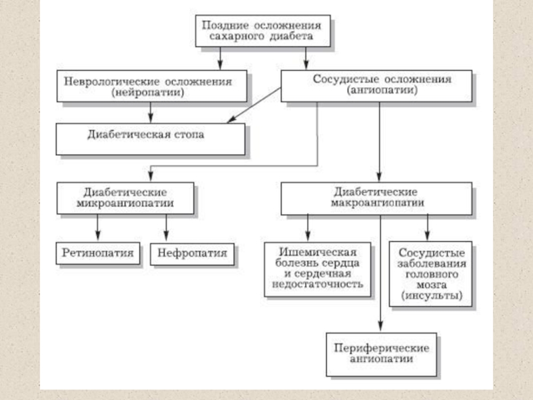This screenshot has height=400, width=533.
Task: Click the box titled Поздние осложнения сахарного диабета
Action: [x=263, y=31]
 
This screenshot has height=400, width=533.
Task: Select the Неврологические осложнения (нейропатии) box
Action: [x=152, y=86]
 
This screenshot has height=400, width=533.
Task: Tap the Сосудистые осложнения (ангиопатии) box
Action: [x=376, y=86]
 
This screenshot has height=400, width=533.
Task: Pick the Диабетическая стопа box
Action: [x=151, y=139]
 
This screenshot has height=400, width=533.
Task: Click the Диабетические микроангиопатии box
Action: [x=125, y=198]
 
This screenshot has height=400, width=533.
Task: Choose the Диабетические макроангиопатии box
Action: [x=376, y=198]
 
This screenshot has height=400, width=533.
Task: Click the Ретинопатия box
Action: [x=98, y=253]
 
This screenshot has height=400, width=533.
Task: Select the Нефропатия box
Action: [x=192, y=254]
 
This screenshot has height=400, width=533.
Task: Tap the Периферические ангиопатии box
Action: [x=381, y=355]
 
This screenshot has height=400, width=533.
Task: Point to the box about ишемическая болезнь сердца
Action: [x=318, y=269]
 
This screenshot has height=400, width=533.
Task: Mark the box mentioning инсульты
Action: [x=430, y=274]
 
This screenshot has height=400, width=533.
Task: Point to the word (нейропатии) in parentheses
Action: [x=147, y=93]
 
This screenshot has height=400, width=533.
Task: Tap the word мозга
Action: [x=431, y=285]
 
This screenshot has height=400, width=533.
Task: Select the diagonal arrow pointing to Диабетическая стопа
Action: [x=254, y=105]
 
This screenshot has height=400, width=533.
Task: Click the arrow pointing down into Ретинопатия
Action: [x=97, y=227]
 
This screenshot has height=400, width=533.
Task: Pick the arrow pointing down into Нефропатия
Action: [x=166, y=227]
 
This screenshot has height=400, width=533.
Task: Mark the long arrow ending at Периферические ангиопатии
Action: [x=380, y=273]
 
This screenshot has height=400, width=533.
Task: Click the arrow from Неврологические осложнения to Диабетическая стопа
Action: [x=151, y=112]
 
